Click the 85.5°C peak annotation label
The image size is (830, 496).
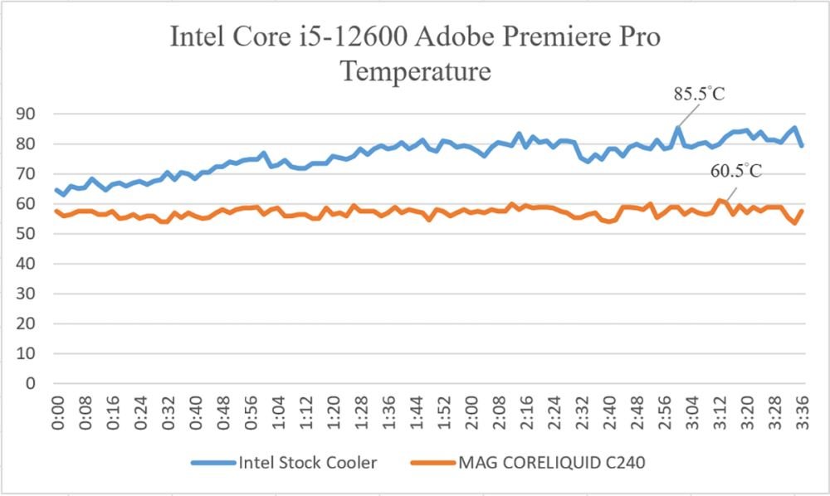point(699,94)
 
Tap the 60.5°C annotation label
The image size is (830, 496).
point(735,171)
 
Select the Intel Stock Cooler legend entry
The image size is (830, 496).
point(284,463)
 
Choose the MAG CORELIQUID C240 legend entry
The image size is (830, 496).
point(528,463)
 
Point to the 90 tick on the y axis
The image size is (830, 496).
point(26,114)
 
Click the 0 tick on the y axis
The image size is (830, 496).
point(31,383)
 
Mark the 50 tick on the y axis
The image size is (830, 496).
point(26,234)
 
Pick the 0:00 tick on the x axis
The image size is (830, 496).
point(57,413)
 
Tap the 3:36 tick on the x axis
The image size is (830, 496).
point(802,413)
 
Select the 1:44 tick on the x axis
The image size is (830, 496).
point(416,413)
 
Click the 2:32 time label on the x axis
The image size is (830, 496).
point(582,413)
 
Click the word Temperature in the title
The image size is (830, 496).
point(416,71)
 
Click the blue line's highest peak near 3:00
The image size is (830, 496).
point(678,128)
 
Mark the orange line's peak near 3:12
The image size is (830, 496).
point(720,201)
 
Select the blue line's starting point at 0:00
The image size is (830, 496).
point(57,190)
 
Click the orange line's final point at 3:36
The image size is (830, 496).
point(802,211)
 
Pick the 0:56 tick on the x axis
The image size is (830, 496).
point(251,413)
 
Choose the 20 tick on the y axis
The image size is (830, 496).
point(26,323)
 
